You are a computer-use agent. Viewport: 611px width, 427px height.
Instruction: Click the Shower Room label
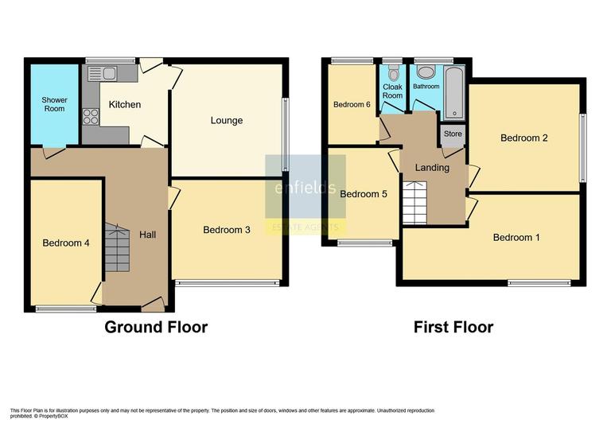pyautogui.click(x=54, y=103)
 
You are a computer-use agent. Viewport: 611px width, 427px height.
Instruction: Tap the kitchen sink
pyautogui.click(x=103, y=74)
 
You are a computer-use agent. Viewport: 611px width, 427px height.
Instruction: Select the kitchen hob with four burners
pyautogui.click(x=91, y=117)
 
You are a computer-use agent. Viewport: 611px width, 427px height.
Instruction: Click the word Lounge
pyautogui.click(x=227, y=121)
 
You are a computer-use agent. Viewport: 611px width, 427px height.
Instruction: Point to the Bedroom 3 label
pyautogui.click(x=227, y=231)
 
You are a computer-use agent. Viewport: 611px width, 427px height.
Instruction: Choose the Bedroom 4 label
pyautogui.click(x=66, y=243)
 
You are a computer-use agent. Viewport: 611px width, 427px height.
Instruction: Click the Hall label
pyautogui.click(x=148, y=235)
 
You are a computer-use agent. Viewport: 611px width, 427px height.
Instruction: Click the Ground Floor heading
pyautogui.click(x=156, y=327)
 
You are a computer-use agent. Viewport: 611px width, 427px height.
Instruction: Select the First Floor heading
pyautogui.click(x=453, y=327)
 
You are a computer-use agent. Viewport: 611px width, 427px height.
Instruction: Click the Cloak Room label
pyautogui.click(x=393, y=91)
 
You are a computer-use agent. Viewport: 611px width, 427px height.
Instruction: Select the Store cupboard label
pyautogui.click(x=453, y=134)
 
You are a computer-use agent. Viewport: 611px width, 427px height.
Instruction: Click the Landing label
pyautogui.click(x=433, y=168)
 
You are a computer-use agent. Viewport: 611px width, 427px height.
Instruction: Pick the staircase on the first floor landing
pyautogui.click(x=414, y=203)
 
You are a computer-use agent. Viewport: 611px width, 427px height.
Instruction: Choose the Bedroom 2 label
pyautogui.click(x=524, y=138)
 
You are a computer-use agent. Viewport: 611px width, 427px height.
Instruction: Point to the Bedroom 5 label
pyautogui.click(x=364, y=193)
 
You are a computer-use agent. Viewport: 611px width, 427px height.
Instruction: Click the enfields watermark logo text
pyautogui.click(x=305, y=188)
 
